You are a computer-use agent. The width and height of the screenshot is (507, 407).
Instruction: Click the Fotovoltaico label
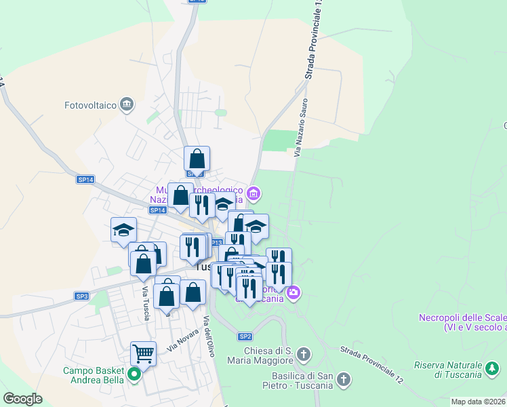[x=91, y=105]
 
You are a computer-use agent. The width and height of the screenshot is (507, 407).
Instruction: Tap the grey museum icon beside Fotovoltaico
[x=126, y=104]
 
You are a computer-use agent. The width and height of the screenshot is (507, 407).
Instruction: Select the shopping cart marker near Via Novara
[x=143, y=352]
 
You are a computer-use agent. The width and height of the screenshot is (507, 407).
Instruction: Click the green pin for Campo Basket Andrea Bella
[x=134, y=372]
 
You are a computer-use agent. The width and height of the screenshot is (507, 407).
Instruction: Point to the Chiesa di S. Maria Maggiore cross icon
[x=304, y=353]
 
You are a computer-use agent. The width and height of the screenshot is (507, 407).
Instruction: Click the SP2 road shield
[x=245, y=336]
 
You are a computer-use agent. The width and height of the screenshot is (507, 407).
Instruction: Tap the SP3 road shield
[x=82, y=296]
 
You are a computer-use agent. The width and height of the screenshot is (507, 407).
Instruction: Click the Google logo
[x=23, y=399]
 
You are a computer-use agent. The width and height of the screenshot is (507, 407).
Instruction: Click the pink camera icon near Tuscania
[x=293, y=293]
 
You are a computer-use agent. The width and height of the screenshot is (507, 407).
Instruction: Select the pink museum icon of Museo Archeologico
[x=254, y=194]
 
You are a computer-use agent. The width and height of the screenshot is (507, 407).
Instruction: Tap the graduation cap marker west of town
[x=123, y=230]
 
